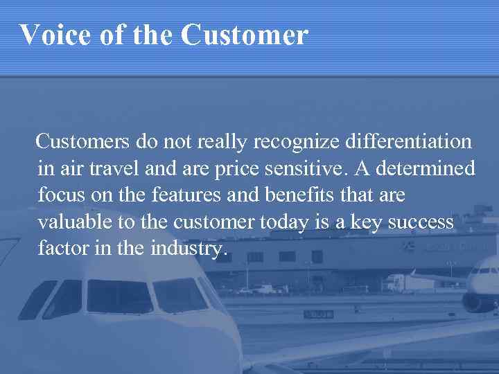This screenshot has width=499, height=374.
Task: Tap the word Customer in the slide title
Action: pos(245,34)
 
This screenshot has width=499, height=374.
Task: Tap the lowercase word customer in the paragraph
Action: pos(213,222)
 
